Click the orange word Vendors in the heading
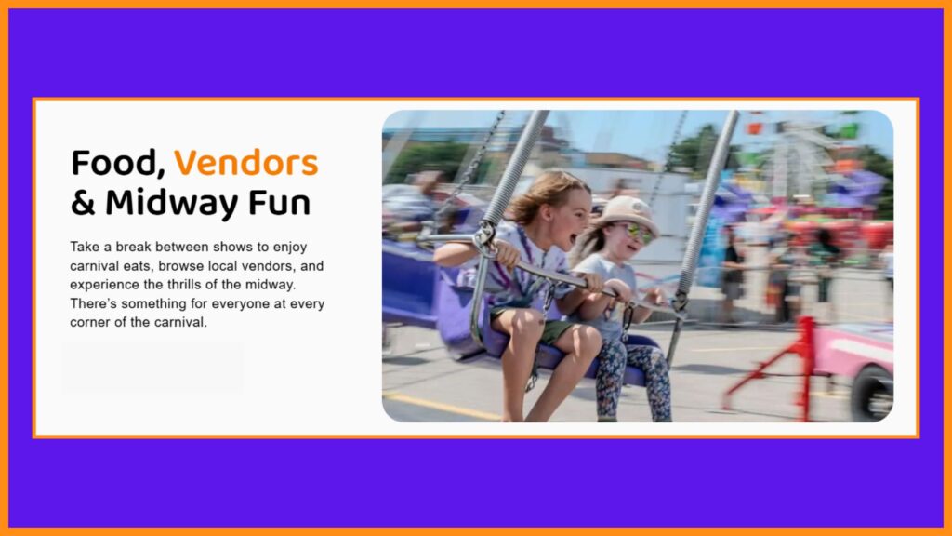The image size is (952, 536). coord(245,163)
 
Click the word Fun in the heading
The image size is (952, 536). coord(279,203)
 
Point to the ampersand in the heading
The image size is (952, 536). coord(83,203)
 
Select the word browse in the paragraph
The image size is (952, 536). coord(180,265)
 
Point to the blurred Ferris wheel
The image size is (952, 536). coord(796,159)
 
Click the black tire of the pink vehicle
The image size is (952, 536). coord(872,394)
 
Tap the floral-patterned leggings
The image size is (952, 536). coord(632,378)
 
